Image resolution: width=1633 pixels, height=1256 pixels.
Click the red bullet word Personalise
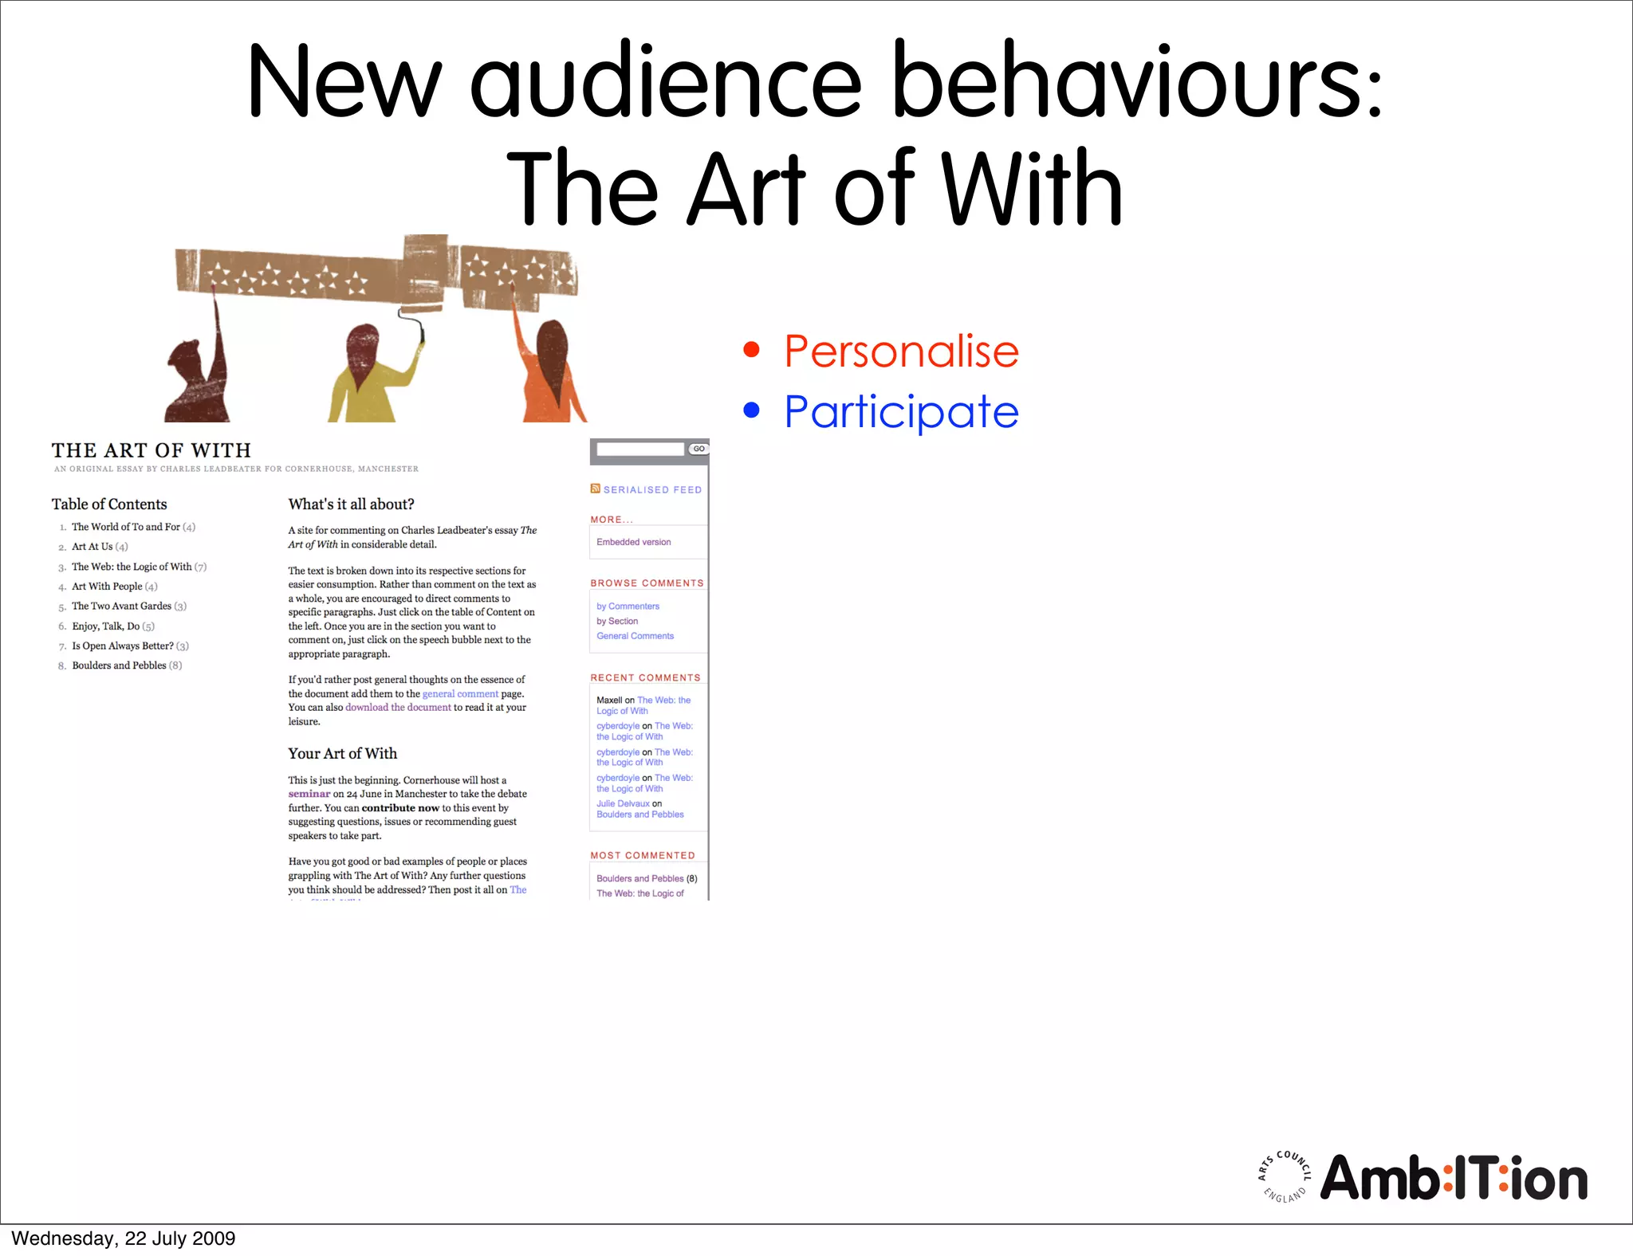[x=901, y=351]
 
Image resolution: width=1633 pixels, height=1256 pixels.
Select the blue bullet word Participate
[x=901, y=412]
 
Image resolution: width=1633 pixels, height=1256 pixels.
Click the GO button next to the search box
[x=698, y=449]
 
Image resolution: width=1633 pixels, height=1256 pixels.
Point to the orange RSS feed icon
[x=595, y=489]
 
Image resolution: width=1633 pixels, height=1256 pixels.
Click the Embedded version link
[x=633, y=542]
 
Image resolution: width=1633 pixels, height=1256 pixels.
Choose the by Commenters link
[x=628, y=606]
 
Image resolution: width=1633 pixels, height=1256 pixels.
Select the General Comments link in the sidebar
[x=635, y=636]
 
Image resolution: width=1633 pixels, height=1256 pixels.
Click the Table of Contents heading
[x=109, y=504]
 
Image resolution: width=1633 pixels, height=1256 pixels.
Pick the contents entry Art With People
[x=107, y=587]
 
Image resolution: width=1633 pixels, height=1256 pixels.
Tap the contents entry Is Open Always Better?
[x=123, y=646]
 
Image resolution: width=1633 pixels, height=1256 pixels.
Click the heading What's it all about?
[x=351, y=504]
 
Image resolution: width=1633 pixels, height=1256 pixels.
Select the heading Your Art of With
[x=342, y=753]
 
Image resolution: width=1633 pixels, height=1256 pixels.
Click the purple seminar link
[x=309, y=794]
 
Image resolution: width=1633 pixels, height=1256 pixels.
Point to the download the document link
[x=398, y=708]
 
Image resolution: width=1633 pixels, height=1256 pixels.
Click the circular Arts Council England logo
[x=1284, y=1177]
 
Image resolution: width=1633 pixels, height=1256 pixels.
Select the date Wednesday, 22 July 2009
[x=124, y=1238]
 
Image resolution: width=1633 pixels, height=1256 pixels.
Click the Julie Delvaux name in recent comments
[x=623, y=803]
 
